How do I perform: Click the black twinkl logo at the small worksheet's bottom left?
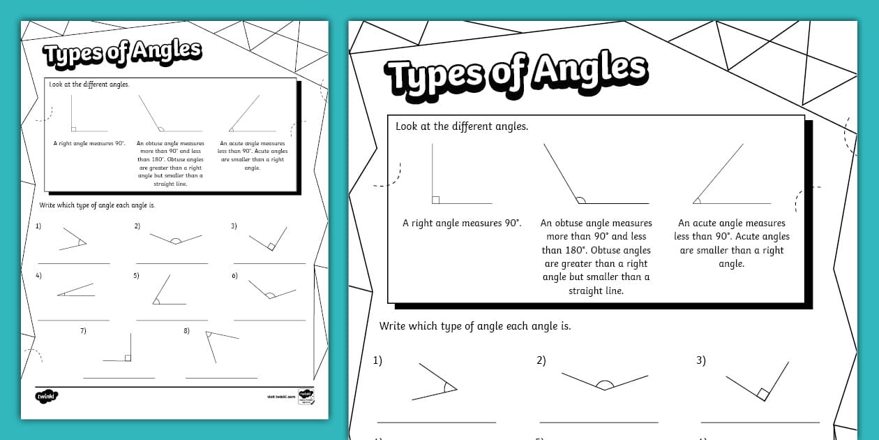pyautogui.click(x=47, y=397)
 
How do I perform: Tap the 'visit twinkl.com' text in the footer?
pyautogui.click(x=278, y=397)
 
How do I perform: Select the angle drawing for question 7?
pyautogui.click(x=120, y=349)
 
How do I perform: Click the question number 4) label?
pyautogui.click(x=39, y=276)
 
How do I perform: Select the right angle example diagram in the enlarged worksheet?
pyautogui.click(x=460, y=175)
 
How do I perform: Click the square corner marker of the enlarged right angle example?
pyautogui.click(x=436, y=200)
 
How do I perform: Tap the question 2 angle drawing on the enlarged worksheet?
pyautogui.click(x=604, y=381)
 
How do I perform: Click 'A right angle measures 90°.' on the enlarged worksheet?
pyautogui.click(x=462, y=223)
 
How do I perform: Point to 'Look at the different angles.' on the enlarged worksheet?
pyautogui.click(x=461, y=126)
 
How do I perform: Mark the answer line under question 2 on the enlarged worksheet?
pyautogui.click(x=599, y=422)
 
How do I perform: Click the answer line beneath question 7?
pyautogui.click(x=119, y=378)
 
